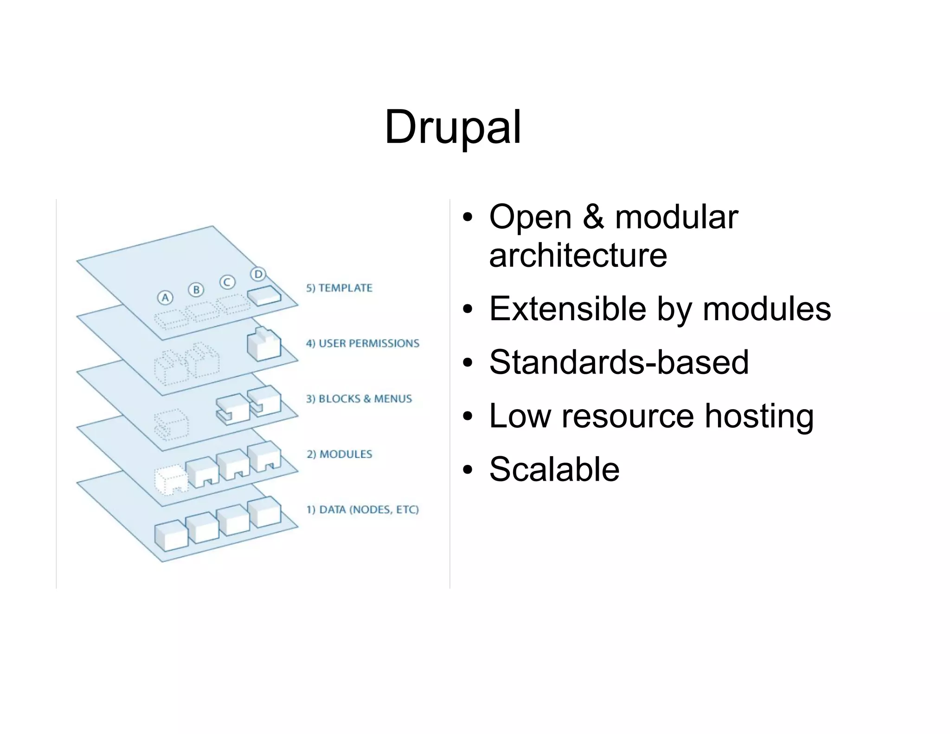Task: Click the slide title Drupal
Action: [453, 127]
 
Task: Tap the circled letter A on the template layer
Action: [165, 297]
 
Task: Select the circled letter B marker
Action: [196, 290]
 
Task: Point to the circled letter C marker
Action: [227, 282]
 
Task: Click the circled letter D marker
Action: [258, 274]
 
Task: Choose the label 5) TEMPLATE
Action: [339, 288]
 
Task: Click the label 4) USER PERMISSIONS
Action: [362, 343]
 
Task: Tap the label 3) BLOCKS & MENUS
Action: [359, 399]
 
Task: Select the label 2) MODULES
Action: [339, 454]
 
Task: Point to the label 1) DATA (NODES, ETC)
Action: [362, 509]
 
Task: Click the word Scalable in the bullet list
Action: [554, 469]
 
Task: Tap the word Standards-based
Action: [619, 362]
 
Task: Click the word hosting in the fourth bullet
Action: [759, 416]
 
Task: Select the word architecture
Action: [578, 256]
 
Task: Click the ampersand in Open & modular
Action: [593, 217]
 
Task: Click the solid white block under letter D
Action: [264, 295]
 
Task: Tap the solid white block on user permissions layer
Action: [264, 344]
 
